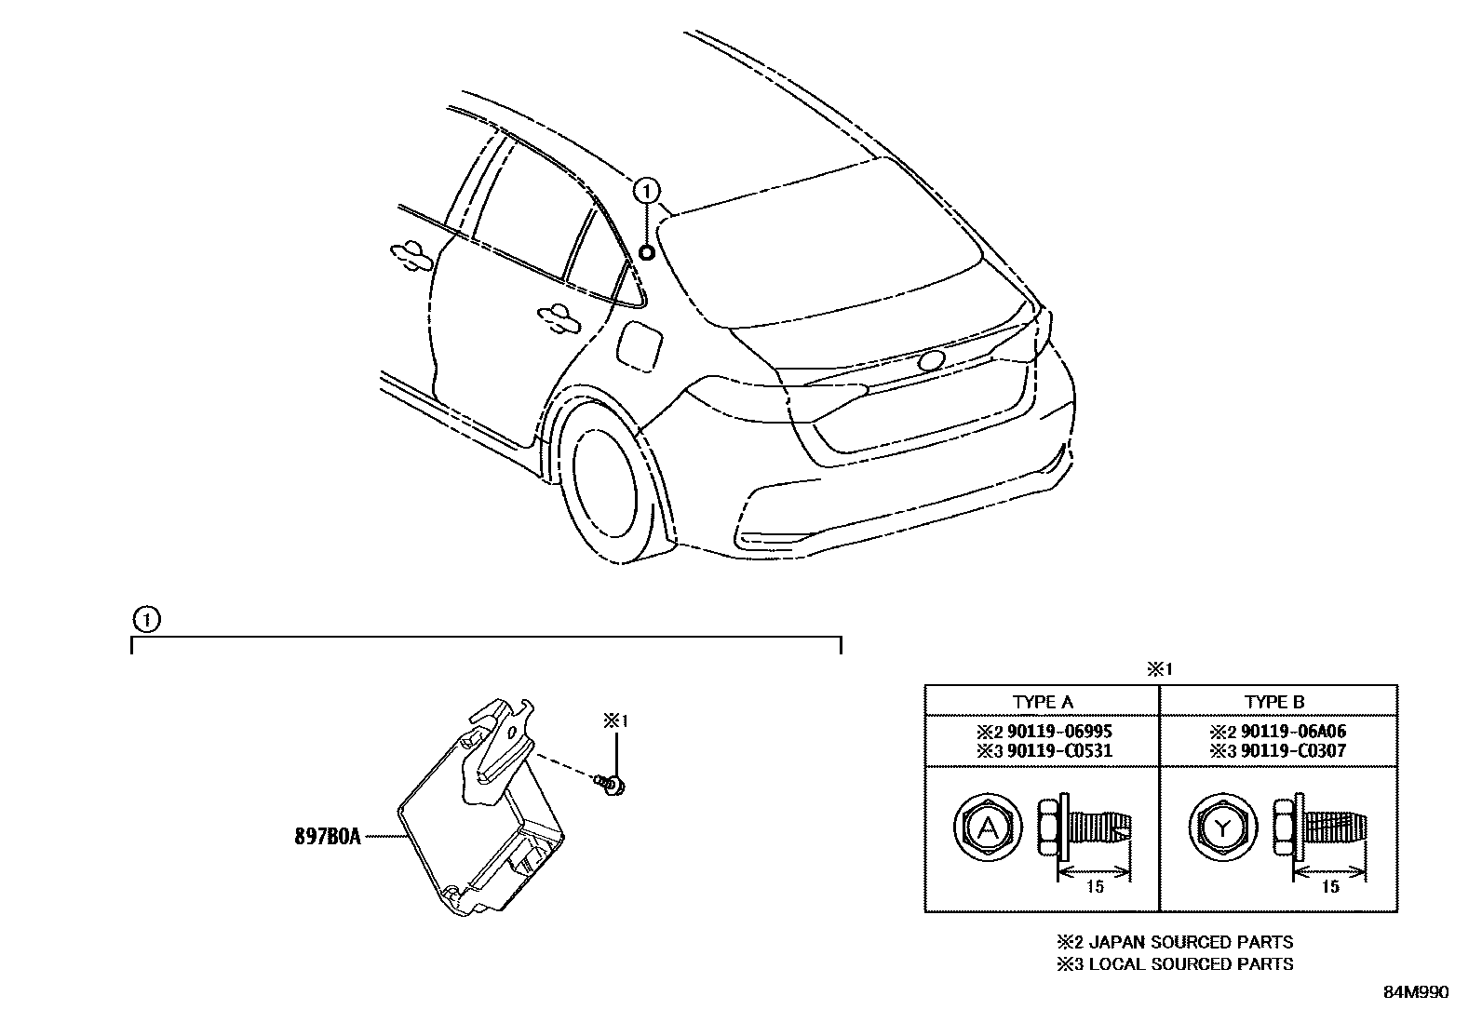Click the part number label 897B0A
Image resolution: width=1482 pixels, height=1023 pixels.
[327, 837]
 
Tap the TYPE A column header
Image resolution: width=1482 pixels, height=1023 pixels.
[1042, 703]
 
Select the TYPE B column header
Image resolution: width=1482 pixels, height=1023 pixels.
[1274, 703]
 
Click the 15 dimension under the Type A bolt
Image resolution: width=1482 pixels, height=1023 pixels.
[1095, 886]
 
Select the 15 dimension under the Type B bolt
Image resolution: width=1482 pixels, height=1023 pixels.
[1330, 886]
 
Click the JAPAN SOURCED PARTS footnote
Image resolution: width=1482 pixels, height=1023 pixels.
[1174, 942]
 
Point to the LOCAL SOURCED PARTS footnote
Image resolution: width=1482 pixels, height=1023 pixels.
[1174, 964]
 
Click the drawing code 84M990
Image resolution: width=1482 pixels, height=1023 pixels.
[1415, 992]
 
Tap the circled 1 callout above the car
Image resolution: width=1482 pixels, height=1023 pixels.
[646, 192]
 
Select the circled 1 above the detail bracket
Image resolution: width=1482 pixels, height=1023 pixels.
[145, 618]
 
